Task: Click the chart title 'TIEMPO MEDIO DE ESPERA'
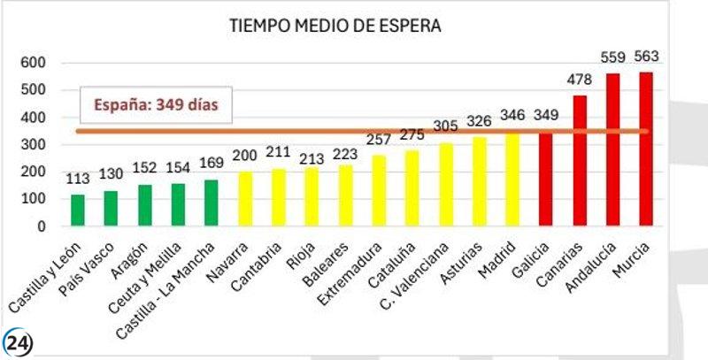(335, 26)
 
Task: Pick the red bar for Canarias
(579, 160)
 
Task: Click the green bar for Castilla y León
(78, 210)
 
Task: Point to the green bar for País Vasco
(111, 208)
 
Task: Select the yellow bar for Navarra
(244, 199)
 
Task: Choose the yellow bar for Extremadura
(379, 191)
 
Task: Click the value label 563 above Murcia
(646, 57)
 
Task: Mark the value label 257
(379, 141)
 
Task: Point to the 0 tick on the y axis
(40, 226)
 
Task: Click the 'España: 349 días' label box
(158, 106)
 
